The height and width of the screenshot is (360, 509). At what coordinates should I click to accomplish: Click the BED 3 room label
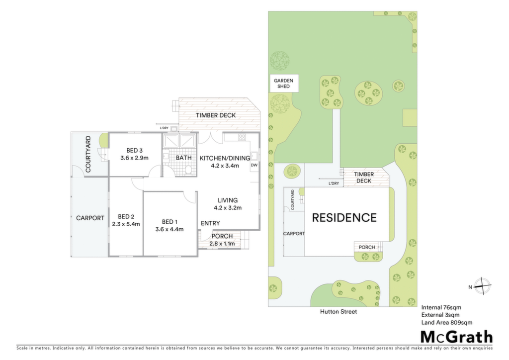coord(134,151)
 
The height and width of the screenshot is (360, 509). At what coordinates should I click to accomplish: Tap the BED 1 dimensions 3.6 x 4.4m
coord(170,230)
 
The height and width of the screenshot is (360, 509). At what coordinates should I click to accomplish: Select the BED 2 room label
coord(126,216)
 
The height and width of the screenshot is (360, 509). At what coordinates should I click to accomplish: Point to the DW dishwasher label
coord(254,165)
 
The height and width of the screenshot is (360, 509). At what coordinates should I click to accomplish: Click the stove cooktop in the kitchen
coord(242,137)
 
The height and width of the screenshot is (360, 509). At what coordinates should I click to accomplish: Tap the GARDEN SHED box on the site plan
coord(283,84)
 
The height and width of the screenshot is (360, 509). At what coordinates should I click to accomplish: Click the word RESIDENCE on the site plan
coord(344,217)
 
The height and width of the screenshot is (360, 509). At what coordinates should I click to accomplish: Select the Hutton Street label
coord(339,312)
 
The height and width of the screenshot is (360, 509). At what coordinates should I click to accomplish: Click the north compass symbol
coord(483,286)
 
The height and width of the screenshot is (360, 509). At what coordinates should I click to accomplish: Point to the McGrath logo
coord(457,337)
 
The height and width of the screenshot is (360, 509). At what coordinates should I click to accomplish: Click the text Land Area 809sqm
coord(447,323)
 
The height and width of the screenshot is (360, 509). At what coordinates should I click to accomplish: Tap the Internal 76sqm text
coord(441,307)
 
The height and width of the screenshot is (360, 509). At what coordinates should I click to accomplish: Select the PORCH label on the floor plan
coord(222,236)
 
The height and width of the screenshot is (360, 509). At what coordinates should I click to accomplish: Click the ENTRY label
coord(210,223)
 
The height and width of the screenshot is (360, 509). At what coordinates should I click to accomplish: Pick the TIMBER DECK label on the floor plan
coord(216,115)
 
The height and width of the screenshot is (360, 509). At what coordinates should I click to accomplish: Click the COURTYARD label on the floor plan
coord(88,154)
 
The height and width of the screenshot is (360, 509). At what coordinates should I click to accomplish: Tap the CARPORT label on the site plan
coord(294,234)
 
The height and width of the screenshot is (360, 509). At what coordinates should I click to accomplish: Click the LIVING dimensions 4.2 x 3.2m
coord(228,208)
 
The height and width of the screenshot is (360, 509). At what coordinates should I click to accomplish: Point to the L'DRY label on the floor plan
coord(164,128)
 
